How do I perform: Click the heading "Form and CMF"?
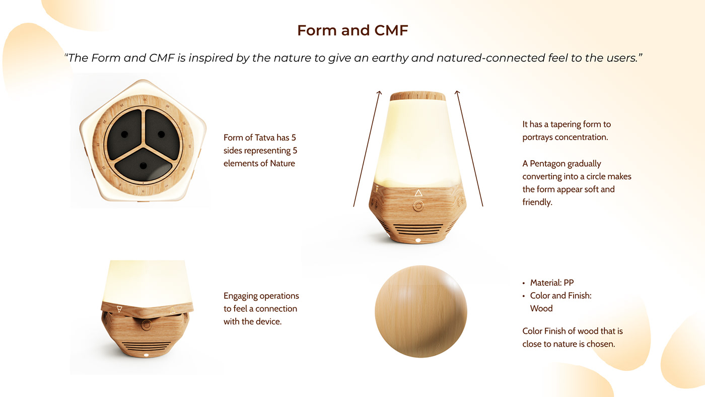point(352,30)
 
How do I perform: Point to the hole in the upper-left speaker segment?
point(125,134)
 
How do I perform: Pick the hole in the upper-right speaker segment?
point(161,134)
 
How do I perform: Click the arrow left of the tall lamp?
point(367,149)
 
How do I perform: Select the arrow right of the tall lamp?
point(469,149)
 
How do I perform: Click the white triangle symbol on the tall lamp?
point(418,193)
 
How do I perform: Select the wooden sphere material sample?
point(421,311)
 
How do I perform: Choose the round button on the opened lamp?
point(146,325)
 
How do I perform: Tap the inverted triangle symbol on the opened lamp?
point(119,309)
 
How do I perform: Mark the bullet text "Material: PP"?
point(551,283)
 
